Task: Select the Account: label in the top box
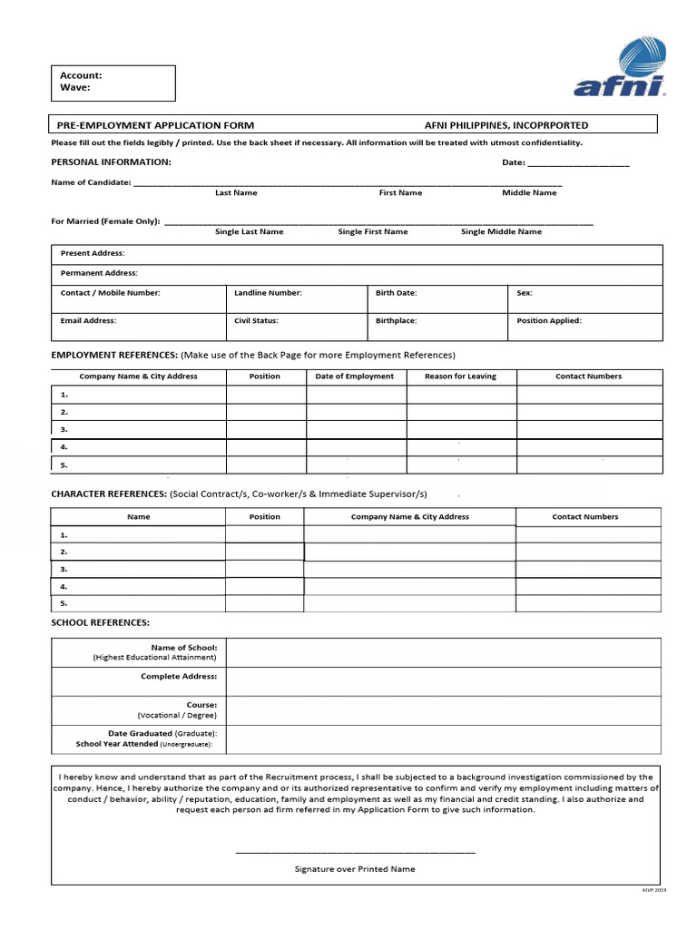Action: [81, 75]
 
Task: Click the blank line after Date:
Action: [577, 163]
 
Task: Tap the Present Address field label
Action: [93, 253]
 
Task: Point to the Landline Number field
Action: [268, 293]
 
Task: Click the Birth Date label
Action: [396, 293]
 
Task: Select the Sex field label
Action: [525, 293]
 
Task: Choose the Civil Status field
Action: [256, 320]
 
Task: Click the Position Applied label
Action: [549, 320]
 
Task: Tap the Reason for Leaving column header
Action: [460, 376]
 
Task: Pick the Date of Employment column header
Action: [354, 376]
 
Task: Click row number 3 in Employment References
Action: [64, 429]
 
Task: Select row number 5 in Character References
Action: [64, 603]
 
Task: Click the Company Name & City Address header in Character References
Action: [409, 517]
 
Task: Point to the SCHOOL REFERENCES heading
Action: [100, 622]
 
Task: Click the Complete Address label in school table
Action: [179, 677]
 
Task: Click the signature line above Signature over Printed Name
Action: [355, 852]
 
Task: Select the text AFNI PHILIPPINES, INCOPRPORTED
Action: [506, 125]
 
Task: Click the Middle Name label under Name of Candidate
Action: [529, 193]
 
